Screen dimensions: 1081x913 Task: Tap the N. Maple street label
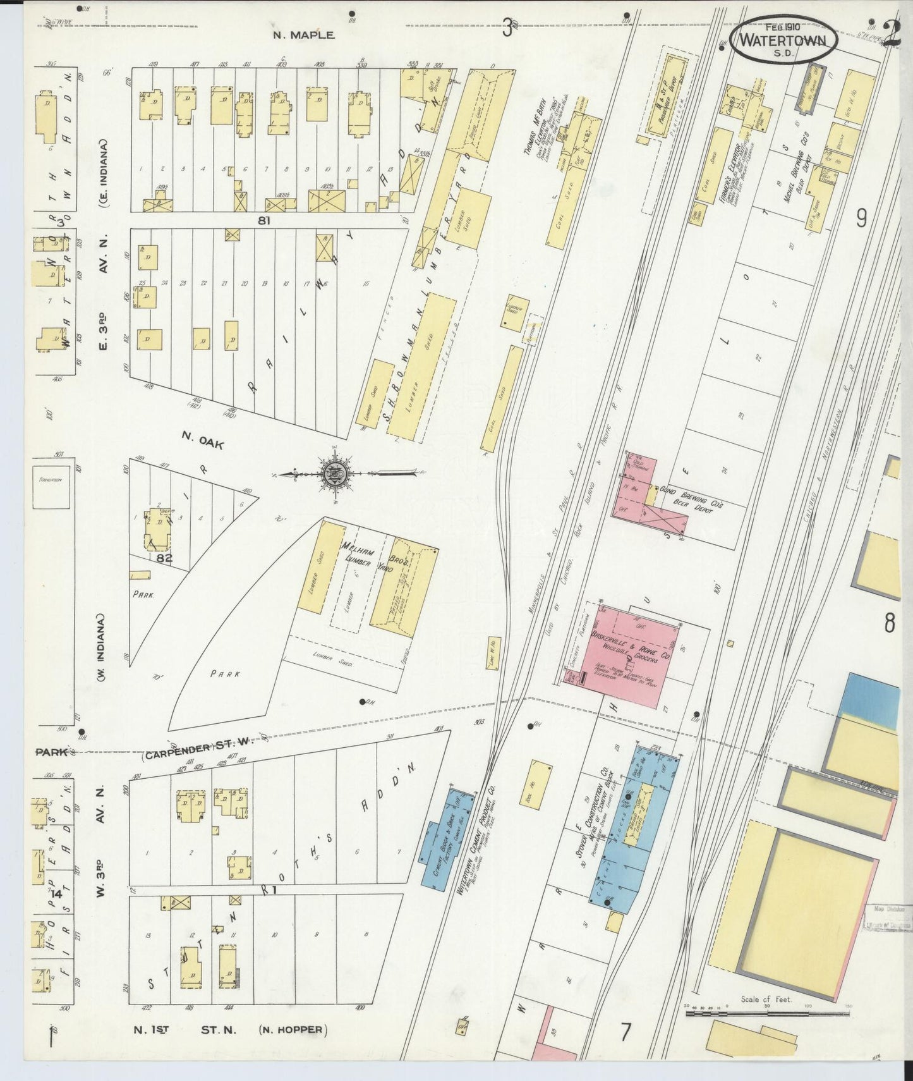pyautogui.click(x=303, y=35)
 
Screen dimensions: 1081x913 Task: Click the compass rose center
pyautogui.click(x=333, y=475)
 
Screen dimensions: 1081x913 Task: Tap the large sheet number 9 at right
pyautogui.click(x=861, y=218)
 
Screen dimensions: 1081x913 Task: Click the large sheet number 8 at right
pyautogui.click(x=889, y=624)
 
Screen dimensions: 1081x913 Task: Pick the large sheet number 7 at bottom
pyautogui.click(x=625, y=1032)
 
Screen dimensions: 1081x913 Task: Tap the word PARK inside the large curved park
pyautogui.click(x=225, y=674)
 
